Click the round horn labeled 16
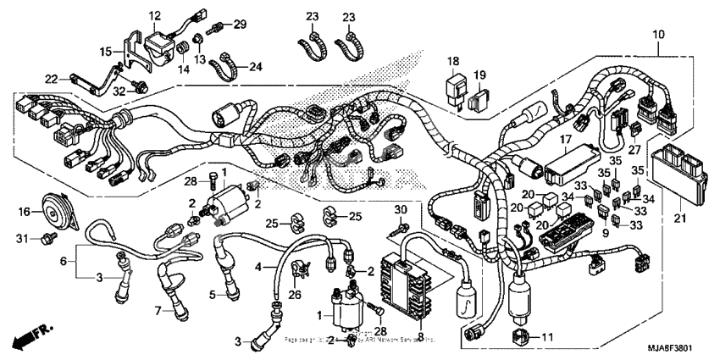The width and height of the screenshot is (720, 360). pos(54,217)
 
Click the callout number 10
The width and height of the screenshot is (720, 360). pos(658,34)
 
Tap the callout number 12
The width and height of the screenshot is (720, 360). pos(155,16)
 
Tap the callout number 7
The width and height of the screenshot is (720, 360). pos(157,311)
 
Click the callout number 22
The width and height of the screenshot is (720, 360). pos(52,79)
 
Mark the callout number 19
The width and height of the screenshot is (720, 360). pos(479,75)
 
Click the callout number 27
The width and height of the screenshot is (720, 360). pos(634,150)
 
